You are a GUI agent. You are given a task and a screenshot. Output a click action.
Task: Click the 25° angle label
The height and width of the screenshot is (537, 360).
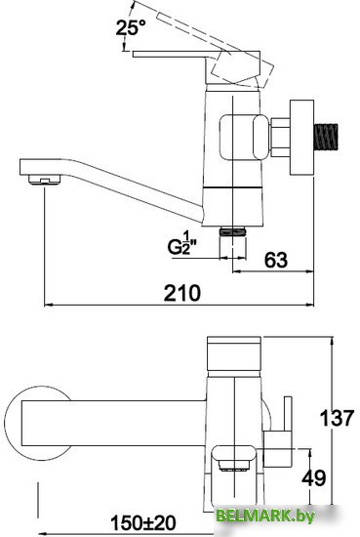[131, 27]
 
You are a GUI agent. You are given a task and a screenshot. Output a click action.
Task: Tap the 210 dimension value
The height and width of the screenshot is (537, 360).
[181, 293]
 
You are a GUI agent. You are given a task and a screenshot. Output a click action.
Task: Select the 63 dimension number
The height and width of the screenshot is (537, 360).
[276, 260]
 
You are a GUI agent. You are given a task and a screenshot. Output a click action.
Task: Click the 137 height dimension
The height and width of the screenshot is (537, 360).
[337, 418]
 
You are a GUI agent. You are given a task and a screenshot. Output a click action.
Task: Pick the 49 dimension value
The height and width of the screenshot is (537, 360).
[314, 477]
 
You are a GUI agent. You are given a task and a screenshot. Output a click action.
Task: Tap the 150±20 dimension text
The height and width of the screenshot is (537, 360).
[142, 523]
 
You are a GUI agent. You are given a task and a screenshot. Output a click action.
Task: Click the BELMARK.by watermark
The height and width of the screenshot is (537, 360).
[265, 516]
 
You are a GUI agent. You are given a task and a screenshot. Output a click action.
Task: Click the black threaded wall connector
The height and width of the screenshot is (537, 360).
[326, 137]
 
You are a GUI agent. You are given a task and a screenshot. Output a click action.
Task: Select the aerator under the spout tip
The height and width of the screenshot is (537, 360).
[45, 180]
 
